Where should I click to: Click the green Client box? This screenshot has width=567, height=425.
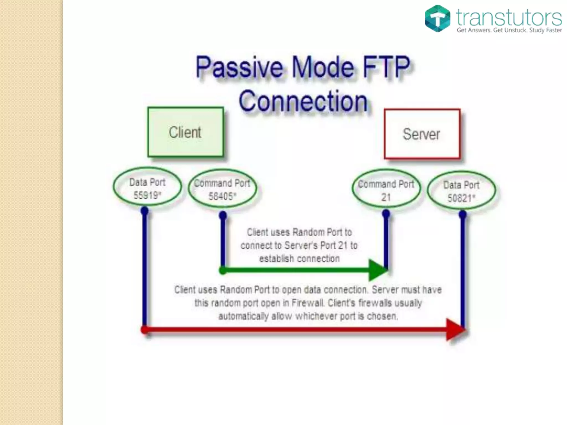185,132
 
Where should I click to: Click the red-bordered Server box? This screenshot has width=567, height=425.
422,134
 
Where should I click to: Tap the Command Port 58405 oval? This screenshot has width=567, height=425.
222,189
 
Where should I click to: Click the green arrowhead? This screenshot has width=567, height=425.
378,270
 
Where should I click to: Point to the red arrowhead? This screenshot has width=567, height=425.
455,330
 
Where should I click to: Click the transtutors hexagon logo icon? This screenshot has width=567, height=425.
437,18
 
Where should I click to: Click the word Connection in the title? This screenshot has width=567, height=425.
303,101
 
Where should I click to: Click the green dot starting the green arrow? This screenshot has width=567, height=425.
223,270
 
